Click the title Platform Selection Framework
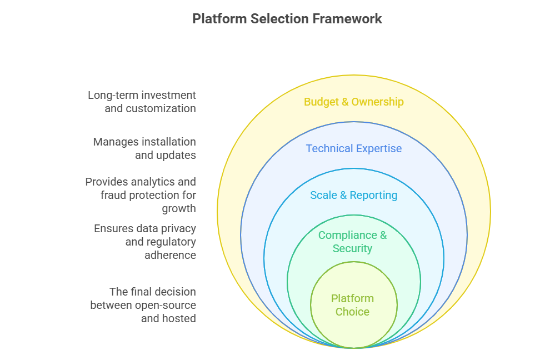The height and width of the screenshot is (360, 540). click(x=287, y=18)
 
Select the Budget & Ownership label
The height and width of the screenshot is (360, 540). click(x=353, y=102)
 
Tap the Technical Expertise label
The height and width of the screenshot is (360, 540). click(x=353, y=148)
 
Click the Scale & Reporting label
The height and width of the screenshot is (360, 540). click(x=353, y=195)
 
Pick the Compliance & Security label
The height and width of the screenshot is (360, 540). click(x=352, y=242)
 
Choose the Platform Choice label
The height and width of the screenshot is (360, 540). click(x=352, y=305)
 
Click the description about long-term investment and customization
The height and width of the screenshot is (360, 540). click(x=142, y=102)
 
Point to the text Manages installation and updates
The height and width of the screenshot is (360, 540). click(x=144, y=148)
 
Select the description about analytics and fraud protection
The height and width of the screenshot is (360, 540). click(x=141, y=195)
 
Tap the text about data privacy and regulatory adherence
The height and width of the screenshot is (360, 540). click(x=144, y=242)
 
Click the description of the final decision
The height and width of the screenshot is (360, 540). click(x=143, y=305)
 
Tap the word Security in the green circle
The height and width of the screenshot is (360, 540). click(x=352, y=248)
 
